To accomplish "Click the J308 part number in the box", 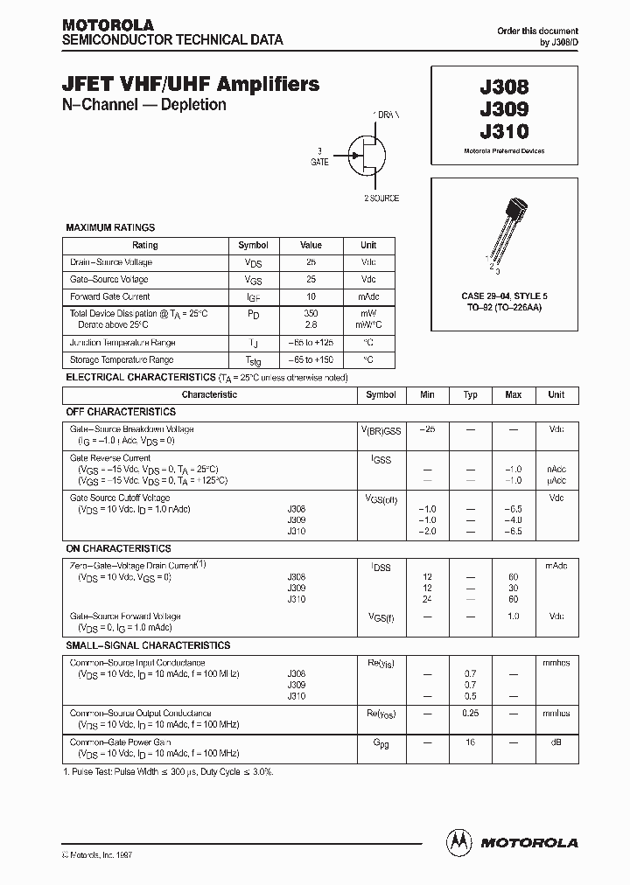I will pyautogui.click(x=504, y=88).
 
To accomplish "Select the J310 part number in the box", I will pyautogui.click(x=504, y=132).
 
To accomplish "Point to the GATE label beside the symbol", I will pyautogui.click(x=319, y=162).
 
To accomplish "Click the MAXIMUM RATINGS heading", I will pyautogui.click(x=110, y=227).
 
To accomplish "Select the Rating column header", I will pyautogui.click(x=145, y=246).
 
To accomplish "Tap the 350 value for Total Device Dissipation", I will pyautogui.click(x=311, y=312).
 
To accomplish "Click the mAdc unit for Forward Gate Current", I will pyautogui.click(x=368, y=296).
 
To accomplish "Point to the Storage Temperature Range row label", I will pyautogui.click(x=122, y=359).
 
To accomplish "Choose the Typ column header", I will pyautogui.click(x=470, y=395).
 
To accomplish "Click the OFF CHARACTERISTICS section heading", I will pyautogui.click(x=122, y=412).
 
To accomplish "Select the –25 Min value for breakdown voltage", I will pyautogui.click(x=427, y=429).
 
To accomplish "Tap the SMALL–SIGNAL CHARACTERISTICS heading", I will pyautogui.click(x=149, y=645).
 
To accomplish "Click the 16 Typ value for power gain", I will pyautogui.click(x=470, y=742).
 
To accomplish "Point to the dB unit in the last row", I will pyautogui.click(x=556, y=742).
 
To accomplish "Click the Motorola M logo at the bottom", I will pyautogui.click(x=458, y=841).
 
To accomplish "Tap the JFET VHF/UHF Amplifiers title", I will pyautogui.click(x=191, y=85).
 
